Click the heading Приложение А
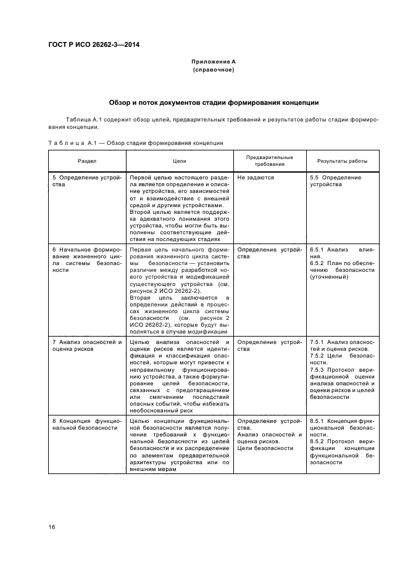(x=213, y=62)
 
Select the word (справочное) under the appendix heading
(x=213, y=70)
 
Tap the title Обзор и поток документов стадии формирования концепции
(x=213, y=102)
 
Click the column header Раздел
(x=86, y=161)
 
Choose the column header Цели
(x=179, y=161)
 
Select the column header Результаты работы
(x=342, y=161)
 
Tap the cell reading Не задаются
(x=255, y=178)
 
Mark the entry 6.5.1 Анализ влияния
(x=342, y=249)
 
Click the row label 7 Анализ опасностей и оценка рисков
(x=86, y=345)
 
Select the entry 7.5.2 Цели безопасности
(x=342, y=356)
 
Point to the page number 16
(x=52, y=527)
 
